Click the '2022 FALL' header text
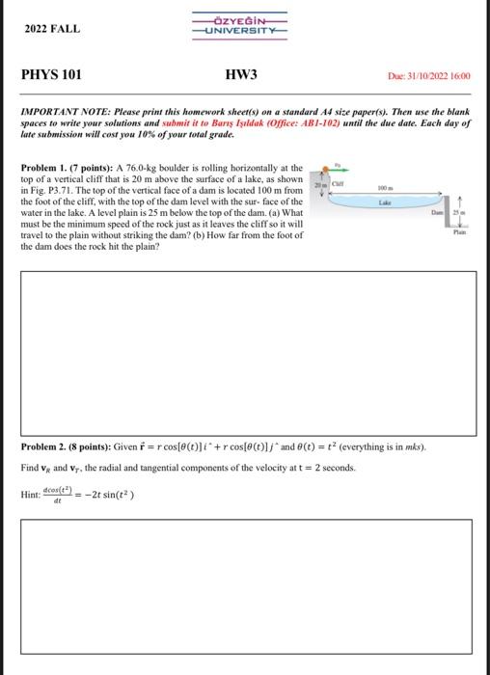click(x=53, y=30)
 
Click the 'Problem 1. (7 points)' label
click(x=63, y=168)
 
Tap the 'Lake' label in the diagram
click(x=385, y=203)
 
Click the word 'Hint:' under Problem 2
click(x=31, y=495)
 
